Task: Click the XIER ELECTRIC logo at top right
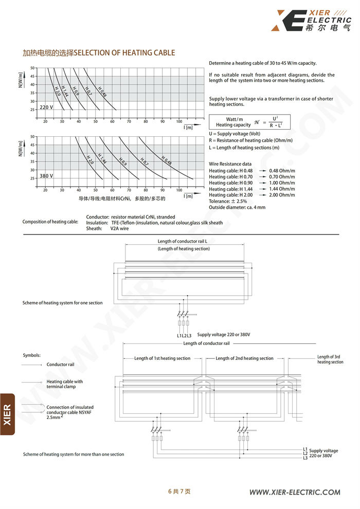click(313, 20)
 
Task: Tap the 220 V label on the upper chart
click(46, 107)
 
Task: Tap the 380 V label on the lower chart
click(46, 176)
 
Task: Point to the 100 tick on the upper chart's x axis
click(179, 121)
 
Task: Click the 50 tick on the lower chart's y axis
click(32, 137)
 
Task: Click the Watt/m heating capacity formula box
click(249, 122)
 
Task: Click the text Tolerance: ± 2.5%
click(228, 201)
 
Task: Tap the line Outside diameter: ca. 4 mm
click(237, 207)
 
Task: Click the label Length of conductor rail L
click(183, 241)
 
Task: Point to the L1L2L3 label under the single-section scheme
click(183, 335)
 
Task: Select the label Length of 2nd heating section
click(244, 358)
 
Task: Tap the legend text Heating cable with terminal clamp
click(65, 384)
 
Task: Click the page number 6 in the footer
click(170, 492)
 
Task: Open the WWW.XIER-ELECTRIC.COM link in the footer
click(295, 492)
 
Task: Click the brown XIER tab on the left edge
click(7, 414)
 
